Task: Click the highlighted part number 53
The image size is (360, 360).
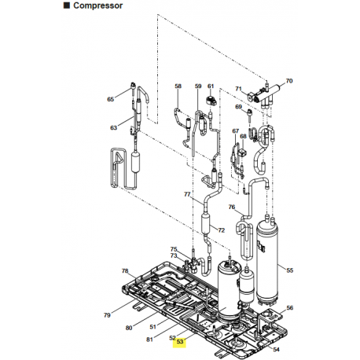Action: (180, 342)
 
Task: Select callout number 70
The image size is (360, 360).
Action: (288, 81)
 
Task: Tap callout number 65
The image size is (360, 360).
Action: (111, 99)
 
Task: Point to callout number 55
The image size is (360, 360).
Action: (289, 270)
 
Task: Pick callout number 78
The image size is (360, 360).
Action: (124, 271)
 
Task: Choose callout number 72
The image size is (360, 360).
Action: (222, 230)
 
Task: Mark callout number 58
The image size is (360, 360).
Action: (178, 86)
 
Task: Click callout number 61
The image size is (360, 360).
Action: (211, 86)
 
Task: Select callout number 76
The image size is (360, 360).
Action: (232, 208)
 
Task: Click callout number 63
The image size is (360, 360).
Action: (113, 127)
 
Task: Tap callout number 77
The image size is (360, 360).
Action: (188, 194)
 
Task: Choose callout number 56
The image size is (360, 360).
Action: (289, 307)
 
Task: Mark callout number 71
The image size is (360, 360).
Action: (238, 89)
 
